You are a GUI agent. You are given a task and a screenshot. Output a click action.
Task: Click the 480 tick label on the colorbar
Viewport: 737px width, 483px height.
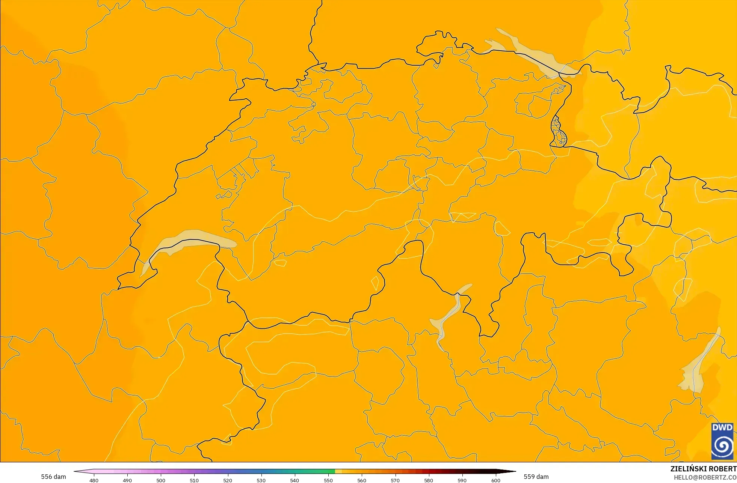point(94,480)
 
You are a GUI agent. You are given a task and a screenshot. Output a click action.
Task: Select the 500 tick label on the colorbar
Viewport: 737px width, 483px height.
point(161,480)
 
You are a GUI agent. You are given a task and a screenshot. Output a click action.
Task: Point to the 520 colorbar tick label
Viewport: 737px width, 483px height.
point(228,480)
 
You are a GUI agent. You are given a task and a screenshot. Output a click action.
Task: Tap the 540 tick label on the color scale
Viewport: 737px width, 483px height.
point(294,480)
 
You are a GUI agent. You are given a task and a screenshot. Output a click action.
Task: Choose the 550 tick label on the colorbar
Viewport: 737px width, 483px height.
point(328,480)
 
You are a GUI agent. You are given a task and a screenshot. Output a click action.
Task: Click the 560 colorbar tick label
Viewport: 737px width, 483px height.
point(362,480)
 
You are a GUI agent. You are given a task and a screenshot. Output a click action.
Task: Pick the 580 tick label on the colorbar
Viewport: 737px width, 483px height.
point(429,480)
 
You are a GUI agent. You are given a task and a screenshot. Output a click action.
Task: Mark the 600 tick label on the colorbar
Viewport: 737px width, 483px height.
point(496,480)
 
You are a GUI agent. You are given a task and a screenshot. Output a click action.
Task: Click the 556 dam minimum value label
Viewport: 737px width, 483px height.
point(53,477)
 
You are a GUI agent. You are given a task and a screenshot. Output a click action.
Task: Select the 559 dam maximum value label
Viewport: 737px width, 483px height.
point(536,477)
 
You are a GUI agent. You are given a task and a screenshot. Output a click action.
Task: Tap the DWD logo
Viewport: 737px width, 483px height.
point(722,441)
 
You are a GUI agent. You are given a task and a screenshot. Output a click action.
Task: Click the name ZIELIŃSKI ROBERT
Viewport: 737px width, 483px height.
point(703,469)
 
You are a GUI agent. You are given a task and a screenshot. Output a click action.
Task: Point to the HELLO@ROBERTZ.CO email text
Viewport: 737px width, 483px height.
point(705,477)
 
